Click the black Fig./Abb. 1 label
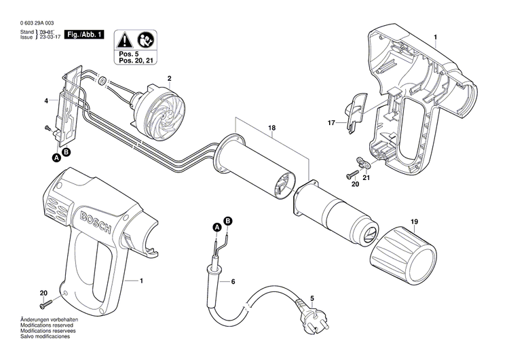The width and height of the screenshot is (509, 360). [x=83, y=33]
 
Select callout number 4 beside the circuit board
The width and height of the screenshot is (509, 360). [x=46, y=101]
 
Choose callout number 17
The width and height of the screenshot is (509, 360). [x=332, y=123]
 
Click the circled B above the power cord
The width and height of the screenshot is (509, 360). [x=228, y=221]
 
